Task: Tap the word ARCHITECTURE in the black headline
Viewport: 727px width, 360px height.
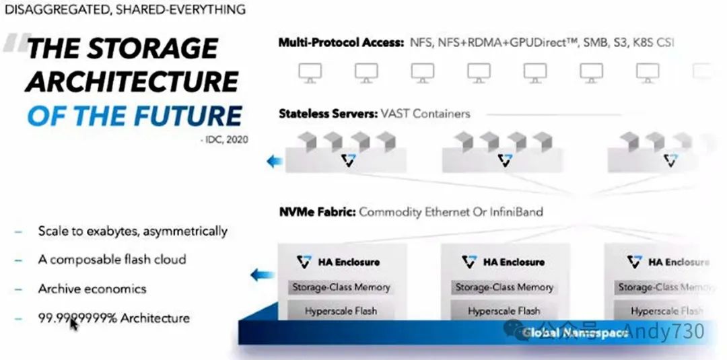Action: (132, 81)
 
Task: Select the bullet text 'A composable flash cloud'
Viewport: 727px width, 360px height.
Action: (112, 260)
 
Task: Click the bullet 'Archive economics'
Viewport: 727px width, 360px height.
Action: (92, 289)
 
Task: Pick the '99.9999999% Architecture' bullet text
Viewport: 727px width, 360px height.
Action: (114, 318)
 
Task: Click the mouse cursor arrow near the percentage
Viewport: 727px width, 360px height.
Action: (73, 324)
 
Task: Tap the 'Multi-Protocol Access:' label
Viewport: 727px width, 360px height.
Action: (341, 42)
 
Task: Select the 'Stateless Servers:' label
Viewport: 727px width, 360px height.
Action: (328, 113)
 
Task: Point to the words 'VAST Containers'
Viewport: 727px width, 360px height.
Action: (426, 113)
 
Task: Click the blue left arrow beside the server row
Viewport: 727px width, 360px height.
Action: (274, 161)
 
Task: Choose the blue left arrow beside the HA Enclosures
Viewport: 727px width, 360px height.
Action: (263, 275)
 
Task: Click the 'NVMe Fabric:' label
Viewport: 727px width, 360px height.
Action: (316, 212)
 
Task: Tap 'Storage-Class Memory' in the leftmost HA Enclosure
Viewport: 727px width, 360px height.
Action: (341, 287)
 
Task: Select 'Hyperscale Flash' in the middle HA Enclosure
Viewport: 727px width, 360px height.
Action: (504, 311)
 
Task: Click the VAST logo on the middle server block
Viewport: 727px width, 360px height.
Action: (505, 160)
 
